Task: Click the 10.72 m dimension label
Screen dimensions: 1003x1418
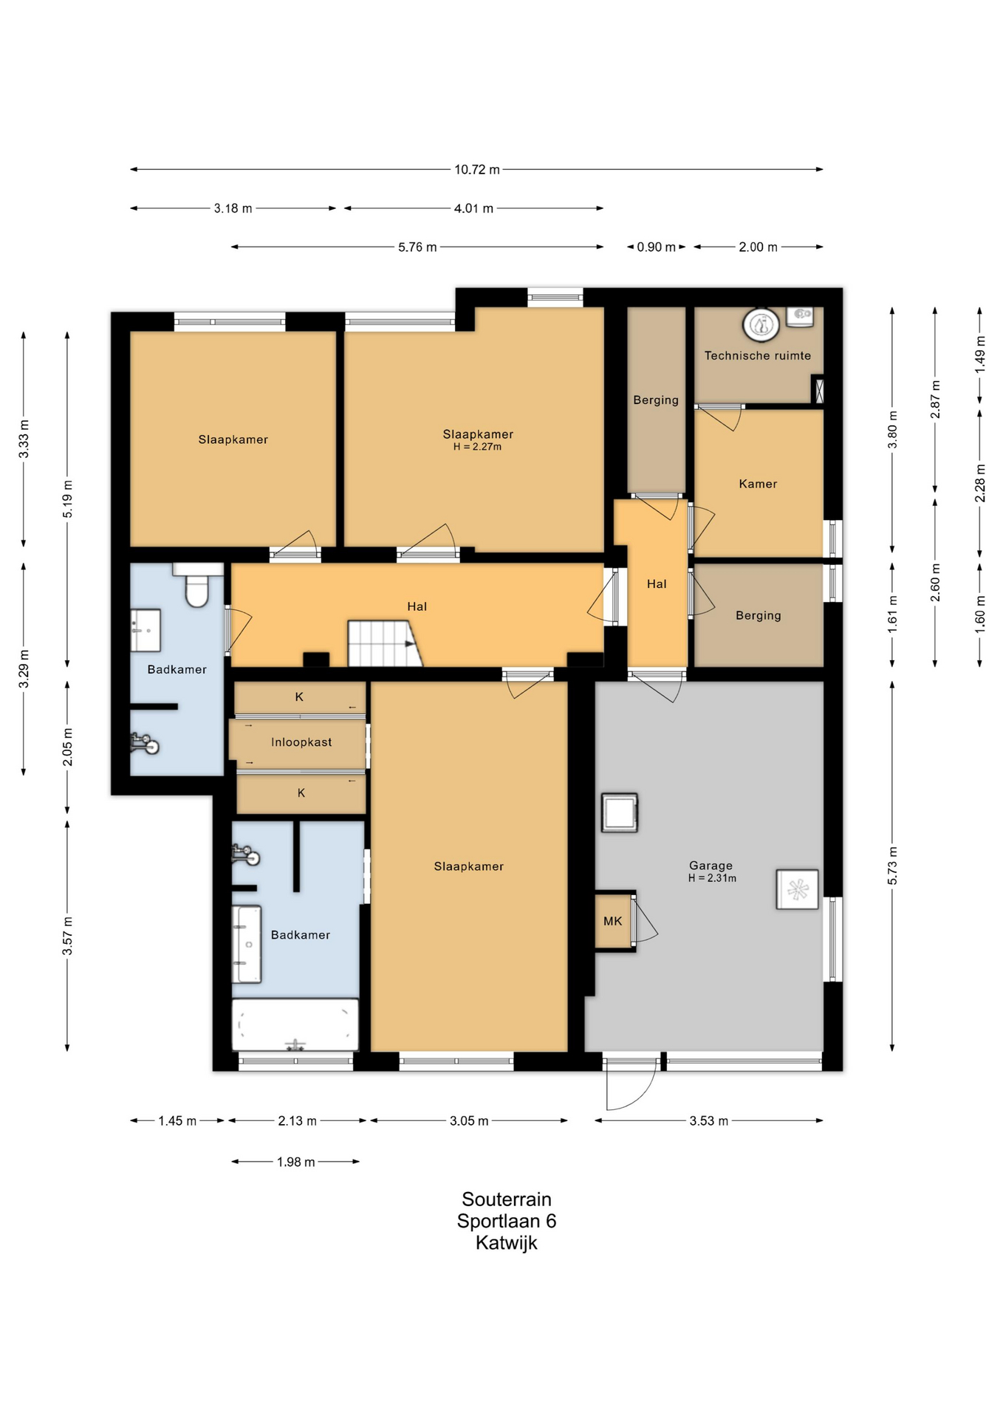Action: tap(476, 170)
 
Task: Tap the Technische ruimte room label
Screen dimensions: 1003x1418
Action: tap(757, 356)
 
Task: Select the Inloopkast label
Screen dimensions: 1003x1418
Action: tap(301, 742)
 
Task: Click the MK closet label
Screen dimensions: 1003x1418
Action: tap(612, 921)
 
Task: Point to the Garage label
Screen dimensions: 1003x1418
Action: tap(711, 866)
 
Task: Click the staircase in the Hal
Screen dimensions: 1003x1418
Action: tap(385, 643)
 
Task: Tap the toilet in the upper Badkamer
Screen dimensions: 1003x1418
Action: tap(197, 585)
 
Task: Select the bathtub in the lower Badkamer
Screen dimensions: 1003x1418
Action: tap(295, 1025)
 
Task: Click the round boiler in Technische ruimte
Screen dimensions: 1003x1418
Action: tap(761, 325)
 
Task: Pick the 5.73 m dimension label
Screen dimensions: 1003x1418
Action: tap(892, 866)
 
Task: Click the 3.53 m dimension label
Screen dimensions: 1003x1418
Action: tap(708, 1121)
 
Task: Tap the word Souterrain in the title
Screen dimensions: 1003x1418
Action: tap(507, 1199)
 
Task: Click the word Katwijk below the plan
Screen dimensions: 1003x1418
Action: tap(507, 1243)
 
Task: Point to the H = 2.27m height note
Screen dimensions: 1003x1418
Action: tap(477, 447)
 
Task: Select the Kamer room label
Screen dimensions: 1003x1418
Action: tap(758, 484)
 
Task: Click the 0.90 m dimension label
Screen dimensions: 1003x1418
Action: tap(656, 247)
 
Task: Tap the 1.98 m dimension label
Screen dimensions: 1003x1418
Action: tap(295, 1162)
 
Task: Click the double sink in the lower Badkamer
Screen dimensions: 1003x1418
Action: tap(247, 945)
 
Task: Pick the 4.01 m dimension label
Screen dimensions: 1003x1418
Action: tap(473, 209)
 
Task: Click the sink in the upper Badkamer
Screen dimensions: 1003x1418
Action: tap(146, 630)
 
